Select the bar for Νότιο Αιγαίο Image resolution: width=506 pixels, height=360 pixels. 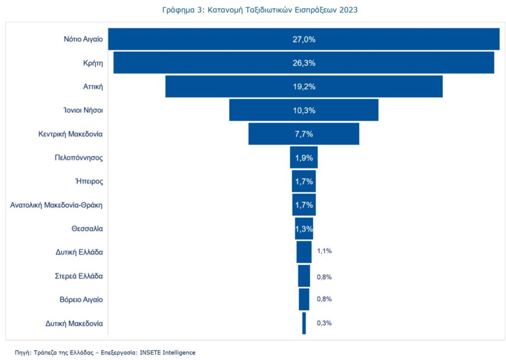tap(198, 40)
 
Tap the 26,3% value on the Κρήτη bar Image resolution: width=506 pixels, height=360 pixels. tap(304, 63)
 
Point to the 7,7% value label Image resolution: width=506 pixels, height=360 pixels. tap(304, 134)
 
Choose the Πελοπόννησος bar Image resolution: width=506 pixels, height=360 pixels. tap(304, 158)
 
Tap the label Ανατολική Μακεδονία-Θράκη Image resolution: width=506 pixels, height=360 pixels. tap(57, 205)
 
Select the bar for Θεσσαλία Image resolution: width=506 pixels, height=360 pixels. tap(304, 228)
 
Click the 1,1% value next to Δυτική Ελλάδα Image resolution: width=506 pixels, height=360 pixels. tap(324, 251)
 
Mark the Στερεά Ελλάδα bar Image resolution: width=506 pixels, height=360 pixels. tap(304, 275)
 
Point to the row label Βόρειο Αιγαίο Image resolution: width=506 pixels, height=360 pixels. tap(80, 299)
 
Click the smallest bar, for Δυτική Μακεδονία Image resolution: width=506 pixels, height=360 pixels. tap(304, 323)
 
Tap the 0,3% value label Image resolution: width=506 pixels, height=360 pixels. tap(324, 323)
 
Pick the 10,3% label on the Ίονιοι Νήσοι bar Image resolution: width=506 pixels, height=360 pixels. tap(304, 110)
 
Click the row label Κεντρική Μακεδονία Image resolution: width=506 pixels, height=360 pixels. tap(71, 134)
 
